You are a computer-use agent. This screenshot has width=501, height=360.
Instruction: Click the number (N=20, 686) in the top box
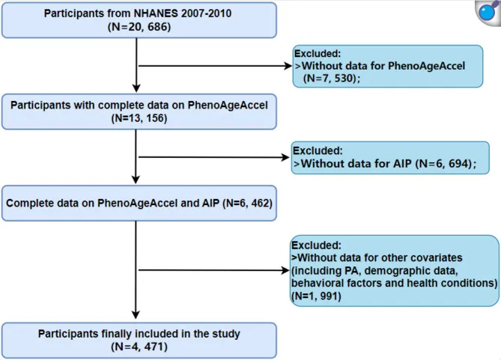[x=139, y=27]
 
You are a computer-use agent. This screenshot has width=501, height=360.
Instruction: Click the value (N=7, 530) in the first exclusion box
[x=331, y=79]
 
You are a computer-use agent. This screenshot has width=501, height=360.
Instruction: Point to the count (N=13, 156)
[x=139, y=118]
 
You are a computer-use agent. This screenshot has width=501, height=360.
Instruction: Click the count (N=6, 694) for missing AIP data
[x=446, y=164]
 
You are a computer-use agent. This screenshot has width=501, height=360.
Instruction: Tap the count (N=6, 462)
[x=247, y=203]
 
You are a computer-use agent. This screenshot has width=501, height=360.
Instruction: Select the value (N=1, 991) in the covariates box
[x=316, y=296]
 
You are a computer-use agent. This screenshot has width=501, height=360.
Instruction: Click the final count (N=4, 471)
[x=139, y=347]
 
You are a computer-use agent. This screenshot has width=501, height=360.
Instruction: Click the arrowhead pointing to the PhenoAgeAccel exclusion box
[x=288, y=66]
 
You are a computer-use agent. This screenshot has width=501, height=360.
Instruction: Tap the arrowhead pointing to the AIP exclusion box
[x=285, y=157]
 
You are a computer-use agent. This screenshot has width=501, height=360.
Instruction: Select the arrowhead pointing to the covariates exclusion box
[x=285, y=270]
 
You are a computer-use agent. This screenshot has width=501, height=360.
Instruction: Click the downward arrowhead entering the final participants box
[x=136, y=314]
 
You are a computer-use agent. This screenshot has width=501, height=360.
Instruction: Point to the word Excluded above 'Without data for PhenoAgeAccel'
[x=318, y=54]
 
